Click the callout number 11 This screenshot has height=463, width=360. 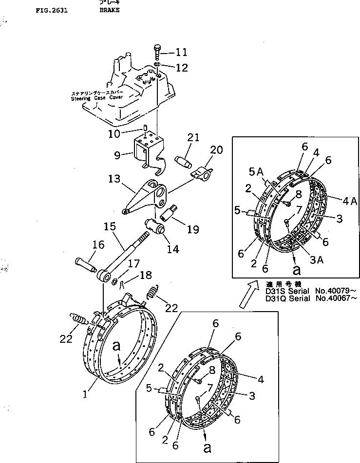pos(181,51)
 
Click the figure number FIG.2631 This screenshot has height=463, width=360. pos(52,10)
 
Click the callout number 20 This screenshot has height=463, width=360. pos(216,150)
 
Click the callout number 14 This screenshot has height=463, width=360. pos(172,249)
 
